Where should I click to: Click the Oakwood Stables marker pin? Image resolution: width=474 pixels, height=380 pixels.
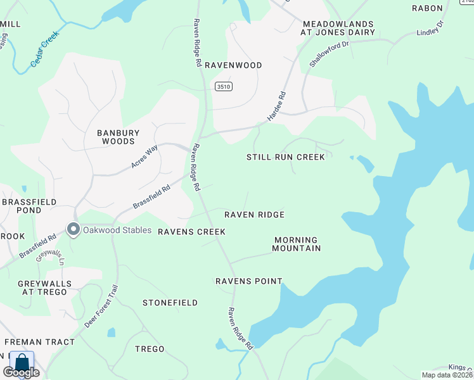(74, 230)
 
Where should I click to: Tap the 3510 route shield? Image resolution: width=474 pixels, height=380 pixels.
(222, 87)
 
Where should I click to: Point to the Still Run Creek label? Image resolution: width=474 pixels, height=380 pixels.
(285, 157)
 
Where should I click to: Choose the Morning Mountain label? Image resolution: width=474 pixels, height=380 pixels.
(297, 244)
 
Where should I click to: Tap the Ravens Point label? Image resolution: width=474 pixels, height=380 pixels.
(248, 281)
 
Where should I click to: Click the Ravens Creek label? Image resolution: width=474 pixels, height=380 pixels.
(191, 232)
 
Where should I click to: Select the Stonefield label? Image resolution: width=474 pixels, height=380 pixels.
(170, 303)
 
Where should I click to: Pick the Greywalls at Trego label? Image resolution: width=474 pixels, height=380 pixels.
(42, 288)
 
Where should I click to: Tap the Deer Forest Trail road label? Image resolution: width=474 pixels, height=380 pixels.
(102, 306)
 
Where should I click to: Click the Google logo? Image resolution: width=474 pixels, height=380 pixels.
(22, 372)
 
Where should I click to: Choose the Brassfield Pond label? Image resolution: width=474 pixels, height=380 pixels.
(29, 206)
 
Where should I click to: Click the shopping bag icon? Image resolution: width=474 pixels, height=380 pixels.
(22, 363)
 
